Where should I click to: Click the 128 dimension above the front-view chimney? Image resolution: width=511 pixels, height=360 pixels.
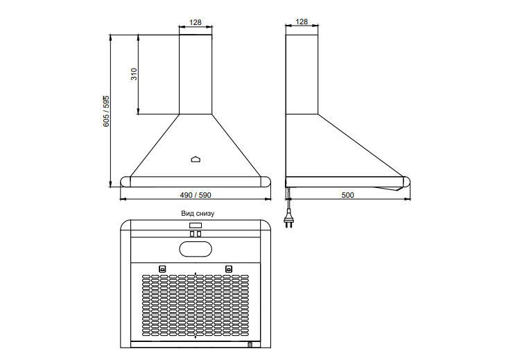pyautogui.click(x=196, y=22)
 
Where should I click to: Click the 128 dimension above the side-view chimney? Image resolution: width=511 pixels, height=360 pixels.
pyautogui.click(x=302, y=22)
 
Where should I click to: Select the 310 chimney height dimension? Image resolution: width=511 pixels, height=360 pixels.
pyautogui.click(x=134, y=74)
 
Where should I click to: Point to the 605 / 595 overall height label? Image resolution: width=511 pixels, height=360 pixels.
pyautogui.click(x=106, y=112)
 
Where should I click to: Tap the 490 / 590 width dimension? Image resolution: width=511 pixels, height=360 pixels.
pyautogui.click(x=196, y=195)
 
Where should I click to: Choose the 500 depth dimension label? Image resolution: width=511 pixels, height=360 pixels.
pyautogui.click(x=347, y=195)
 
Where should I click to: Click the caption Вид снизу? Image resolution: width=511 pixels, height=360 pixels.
pyautogui.click(x=198, y=213)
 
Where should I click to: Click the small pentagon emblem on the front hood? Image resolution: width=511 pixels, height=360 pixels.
pyautogui.click(x=196, y=159)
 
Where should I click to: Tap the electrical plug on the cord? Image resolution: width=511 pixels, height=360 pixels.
pyautogui.click(x=288, y=220)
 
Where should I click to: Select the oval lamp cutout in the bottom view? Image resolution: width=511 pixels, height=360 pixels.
pyautogui.click(x=196, y=250)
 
